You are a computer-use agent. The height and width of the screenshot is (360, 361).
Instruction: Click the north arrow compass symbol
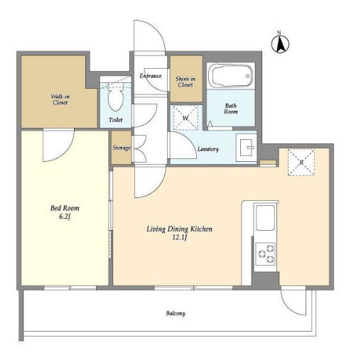point(280,43)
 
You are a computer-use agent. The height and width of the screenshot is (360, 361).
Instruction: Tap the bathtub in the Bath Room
point(231,75)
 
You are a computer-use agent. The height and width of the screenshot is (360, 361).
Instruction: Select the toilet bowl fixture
point(116,97)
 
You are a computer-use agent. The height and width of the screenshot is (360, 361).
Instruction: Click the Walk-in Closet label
point(60,99)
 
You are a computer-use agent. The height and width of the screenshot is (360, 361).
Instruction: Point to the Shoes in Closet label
point(185,82)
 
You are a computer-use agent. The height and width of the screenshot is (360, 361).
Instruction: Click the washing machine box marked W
point(185,118)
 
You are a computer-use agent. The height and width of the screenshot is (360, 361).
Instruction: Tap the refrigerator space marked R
point(301,163)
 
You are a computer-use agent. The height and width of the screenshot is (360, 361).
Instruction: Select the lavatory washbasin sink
point(247,148)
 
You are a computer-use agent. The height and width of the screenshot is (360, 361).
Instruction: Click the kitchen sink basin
point(266,218)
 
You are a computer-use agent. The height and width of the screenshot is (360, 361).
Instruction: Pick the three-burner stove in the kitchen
point(266,253)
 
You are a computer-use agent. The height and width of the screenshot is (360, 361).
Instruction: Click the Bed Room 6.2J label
point(65,212)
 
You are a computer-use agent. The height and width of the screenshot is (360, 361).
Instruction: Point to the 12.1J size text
point(179,237)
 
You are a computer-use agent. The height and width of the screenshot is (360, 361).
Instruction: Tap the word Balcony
point(176,314)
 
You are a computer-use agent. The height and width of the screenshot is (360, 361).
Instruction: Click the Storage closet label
point(122,148)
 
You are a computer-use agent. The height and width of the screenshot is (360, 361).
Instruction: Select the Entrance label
point(151,76)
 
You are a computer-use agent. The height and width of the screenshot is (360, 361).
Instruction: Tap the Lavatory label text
point(208,149)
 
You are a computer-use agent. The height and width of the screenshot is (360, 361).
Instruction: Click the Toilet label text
point(116,120)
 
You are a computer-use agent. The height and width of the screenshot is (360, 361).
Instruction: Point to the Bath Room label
point(231,109)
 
